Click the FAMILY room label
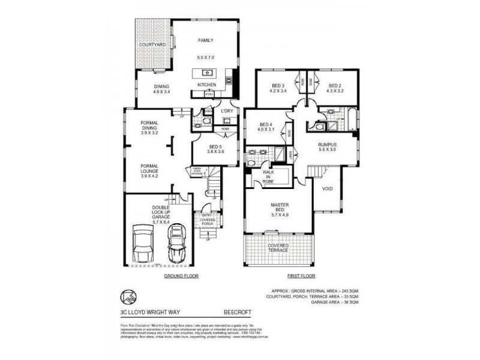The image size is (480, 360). [206, 41]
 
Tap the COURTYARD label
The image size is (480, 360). [152, 45]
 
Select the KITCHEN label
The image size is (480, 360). [206, 85]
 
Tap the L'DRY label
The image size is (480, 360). [227, 111]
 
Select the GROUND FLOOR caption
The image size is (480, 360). [181, 276]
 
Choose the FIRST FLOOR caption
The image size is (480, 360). [301, 276]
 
